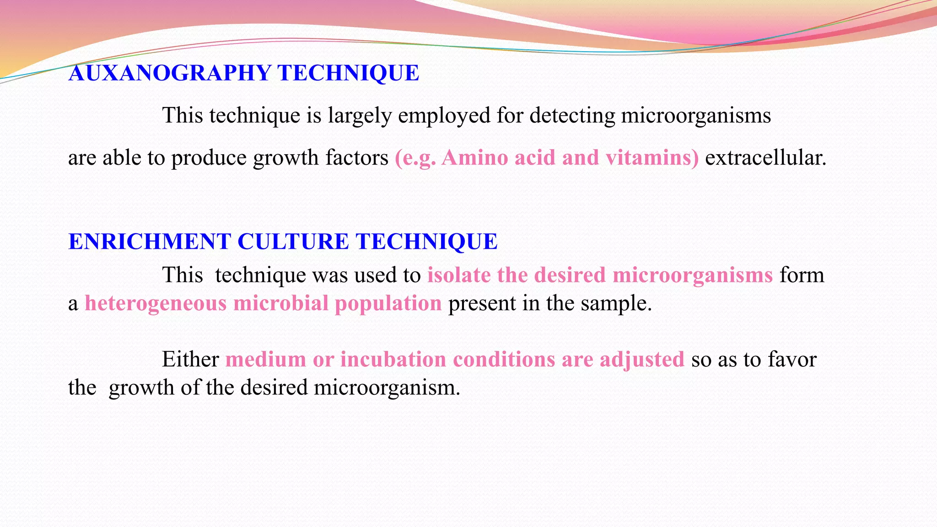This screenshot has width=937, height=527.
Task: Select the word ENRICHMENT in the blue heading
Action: (150, 242)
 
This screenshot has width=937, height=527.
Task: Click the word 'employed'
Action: (444, 115)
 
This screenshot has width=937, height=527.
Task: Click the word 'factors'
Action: (357, 158)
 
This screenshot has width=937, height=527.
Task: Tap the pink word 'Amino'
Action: (475, 158)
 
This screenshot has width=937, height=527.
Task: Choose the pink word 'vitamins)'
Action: (652, 158)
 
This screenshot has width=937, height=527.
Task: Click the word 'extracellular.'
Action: (765, 158)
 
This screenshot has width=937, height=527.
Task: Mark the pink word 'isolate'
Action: (459, 275)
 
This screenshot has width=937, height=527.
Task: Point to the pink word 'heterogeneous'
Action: (156, 303)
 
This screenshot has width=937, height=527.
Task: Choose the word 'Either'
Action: (190, 359)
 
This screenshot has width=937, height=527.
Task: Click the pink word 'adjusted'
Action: (642, 359)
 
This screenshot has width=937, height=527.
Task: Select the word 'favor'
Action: (792, 359)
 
